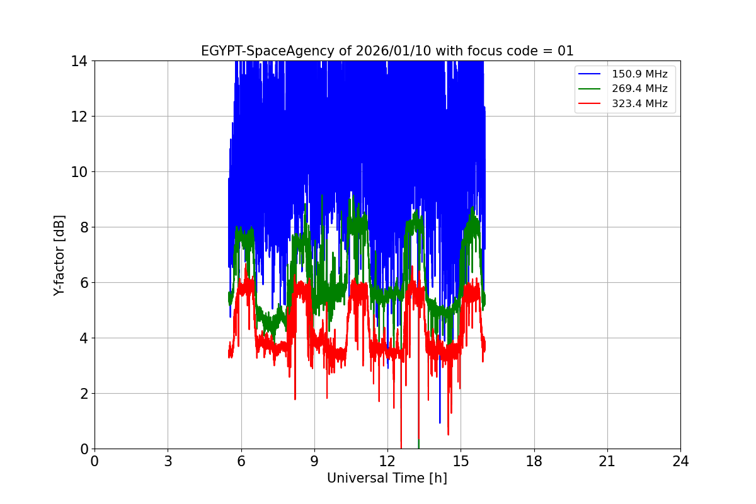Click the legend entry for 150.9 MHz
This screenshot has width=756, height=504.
point(639,74)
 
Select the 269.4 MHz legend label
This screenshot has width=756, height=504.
point(639,89)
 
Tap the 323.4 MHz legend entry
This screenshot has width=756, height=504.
point(639,104)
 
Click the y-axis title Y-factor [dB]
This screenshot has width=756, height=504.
point(59,255)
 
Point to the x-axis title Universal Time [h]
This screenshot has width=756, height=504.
point(387,478)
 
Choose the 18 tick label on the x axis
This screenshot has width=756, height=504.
point(534,462)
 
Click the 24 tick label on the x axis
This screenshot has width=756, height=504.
point(680,462)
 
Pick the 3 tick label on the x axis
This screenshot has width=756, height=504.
point(168,462)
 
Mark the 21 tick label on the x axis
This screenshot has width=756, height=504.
point(607,462)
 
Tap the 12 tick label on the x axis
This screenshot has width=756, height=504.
point(387,462)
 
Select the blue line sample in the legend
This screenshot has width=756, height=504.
point(590,74)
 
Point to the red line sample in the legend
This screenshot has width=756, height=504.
point(590,104)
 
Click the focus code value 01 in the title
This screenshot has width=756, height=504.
point(566,51)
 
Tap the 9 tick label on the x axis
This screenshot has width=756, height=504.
point(314,462)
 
